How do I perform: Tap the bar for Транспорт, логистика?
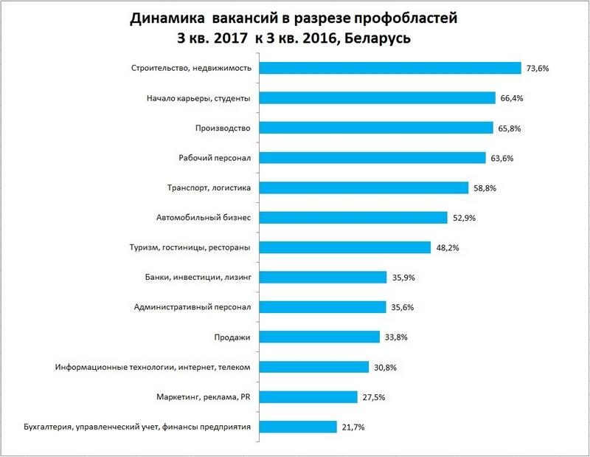pos(363,188)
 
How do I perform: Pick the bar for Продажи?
pos(318,337)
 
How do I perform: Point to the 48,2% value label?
pos(448,247)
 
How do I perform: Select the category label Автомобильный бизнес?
pos(204,218)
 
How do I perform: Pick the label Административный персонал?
pos(193,307)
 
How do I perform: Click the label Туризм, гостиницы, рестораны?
pos(190,247)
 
